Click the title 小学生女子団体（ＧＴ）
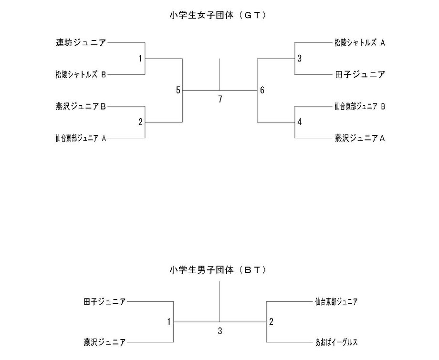click(218, 15)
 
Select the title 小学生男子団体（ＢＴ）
click(218, 270)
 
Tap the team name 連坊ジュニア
click(81, 42)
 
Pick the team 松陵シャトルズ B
click(81, 74)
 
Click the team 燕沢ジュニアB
click(81, 106)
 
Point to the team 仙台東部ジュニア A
click(81, 138)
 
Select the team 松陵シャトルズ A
click(360, 42)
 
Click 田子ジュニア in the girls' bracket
click(360, 74)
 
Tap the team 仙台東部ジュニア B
click(360, 106)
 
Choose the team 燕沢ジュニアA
click(360, 138)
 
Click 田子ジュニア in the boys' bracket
click(105, 302)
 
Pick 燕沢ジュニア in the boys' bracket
click(105, 342)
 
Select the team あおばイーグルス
click(336, 342)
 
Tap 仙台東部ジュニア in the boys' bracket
click(336, 302)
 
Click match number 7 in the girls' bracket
click(220, 99)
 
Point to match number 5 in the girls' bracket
click(178, 90)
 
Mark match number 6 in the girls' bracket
click(262, 90)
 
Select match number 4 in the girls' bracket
click(300, 122)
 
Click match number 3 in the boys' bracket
click(220, 331)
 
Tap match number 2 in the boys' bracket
click(271, 322)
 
